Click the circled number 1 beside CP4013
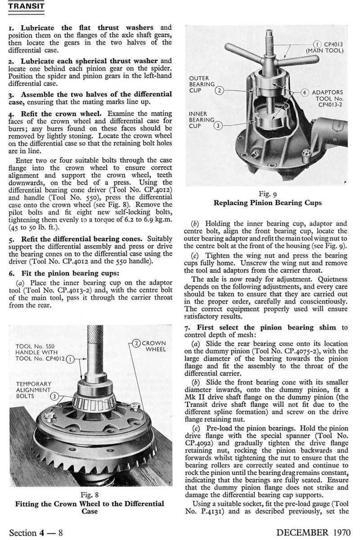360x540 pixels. (317, 44)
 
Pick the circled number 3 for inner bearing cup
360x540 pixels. (218, 126)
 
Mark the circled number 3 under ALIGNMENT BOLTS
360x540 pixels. (54, 396)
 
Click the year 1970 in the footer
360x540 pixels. (339, 532)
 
